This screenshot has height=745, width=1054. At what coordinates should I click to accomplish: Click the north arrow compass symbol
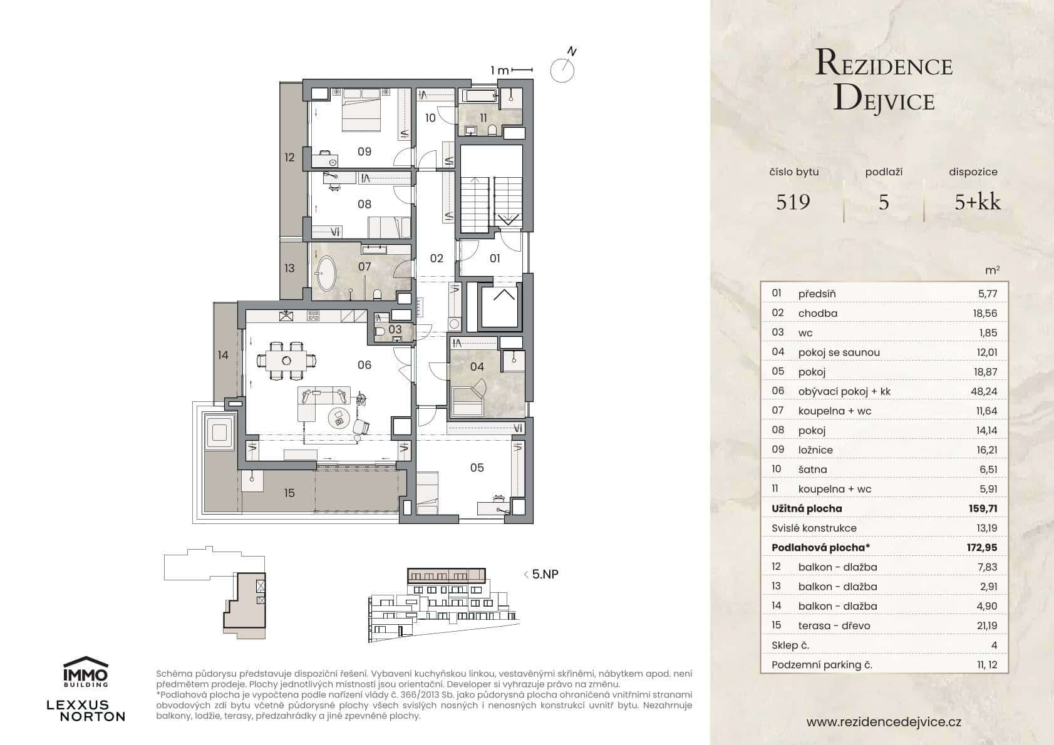coord(562,69)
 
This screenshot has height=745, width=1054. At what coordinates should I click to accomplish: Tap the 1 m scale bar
coord(511,70)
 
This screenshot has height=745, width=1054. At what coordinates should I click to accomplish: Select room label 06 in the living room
coord(364,365)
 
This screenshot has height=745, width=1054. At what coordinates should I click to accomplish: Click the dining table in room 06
coord(287,361)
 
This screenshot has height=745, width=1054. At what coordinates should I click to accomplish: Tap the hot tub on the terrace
coord(219,433)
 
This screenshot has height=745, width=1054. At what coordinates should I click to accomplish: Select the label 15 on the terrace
coord(289,493)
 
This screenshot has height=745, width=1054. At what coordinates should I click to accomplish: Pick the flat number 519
coord(793,202)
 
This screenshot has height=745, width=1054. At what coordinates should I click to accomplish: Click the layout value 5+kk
coord(977,202)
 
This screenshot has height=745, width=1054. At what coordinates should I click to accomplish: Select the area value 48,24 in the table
coord(986,391)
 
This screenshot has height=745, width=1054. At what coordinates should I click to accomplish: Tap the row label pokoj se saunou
coord(839,352)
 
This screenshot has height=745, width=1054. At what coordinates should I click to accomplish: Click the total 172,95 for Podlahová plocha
coord(981,548)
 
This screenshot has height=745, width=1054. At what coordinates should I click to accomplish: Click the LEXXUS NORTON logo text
coord(86,711)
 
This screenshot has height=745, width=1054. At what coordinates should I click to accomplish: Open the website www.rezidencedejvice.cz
coord(884,722)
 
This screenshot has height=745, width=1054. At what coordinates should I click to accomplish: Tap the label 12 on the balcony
coord(289,157)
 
